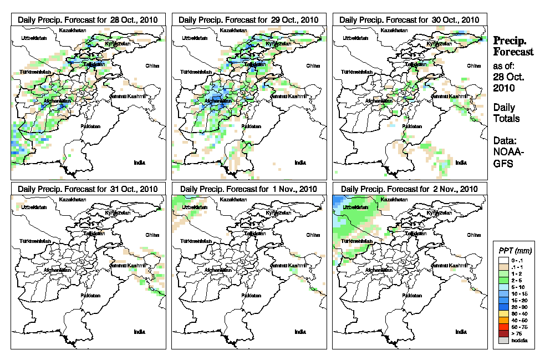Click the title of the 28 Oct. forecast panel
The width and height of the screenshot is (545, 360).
(x=88, y=19)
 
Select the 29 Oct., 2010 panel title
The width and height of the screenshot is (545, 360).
(x=248, y=19)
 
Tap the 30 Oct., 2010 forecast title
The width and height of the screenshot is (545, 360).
(x=409, y=19)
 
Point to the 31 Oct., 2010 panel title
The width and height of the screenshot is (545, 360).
(x=88, y=189)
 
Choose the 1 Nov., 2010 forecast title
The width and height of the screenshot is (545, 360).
(x=248, y=189)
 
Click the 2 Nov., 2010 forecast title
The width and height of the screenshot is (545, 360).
(x=409, y=189)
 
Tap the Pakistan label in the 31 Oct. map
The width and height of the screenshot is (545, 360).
(x=91, y=296)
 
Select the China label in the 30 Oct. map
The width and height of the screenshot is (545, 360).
(x=473, y=65)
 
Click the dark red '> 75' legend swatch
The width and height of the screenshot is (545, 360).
(x=502, y=333)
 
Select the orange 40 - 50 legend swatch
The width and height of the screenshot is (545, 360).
(x=502, y=320)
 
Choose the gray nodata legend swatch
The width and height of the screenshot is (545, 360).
(x=502, y=340)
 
